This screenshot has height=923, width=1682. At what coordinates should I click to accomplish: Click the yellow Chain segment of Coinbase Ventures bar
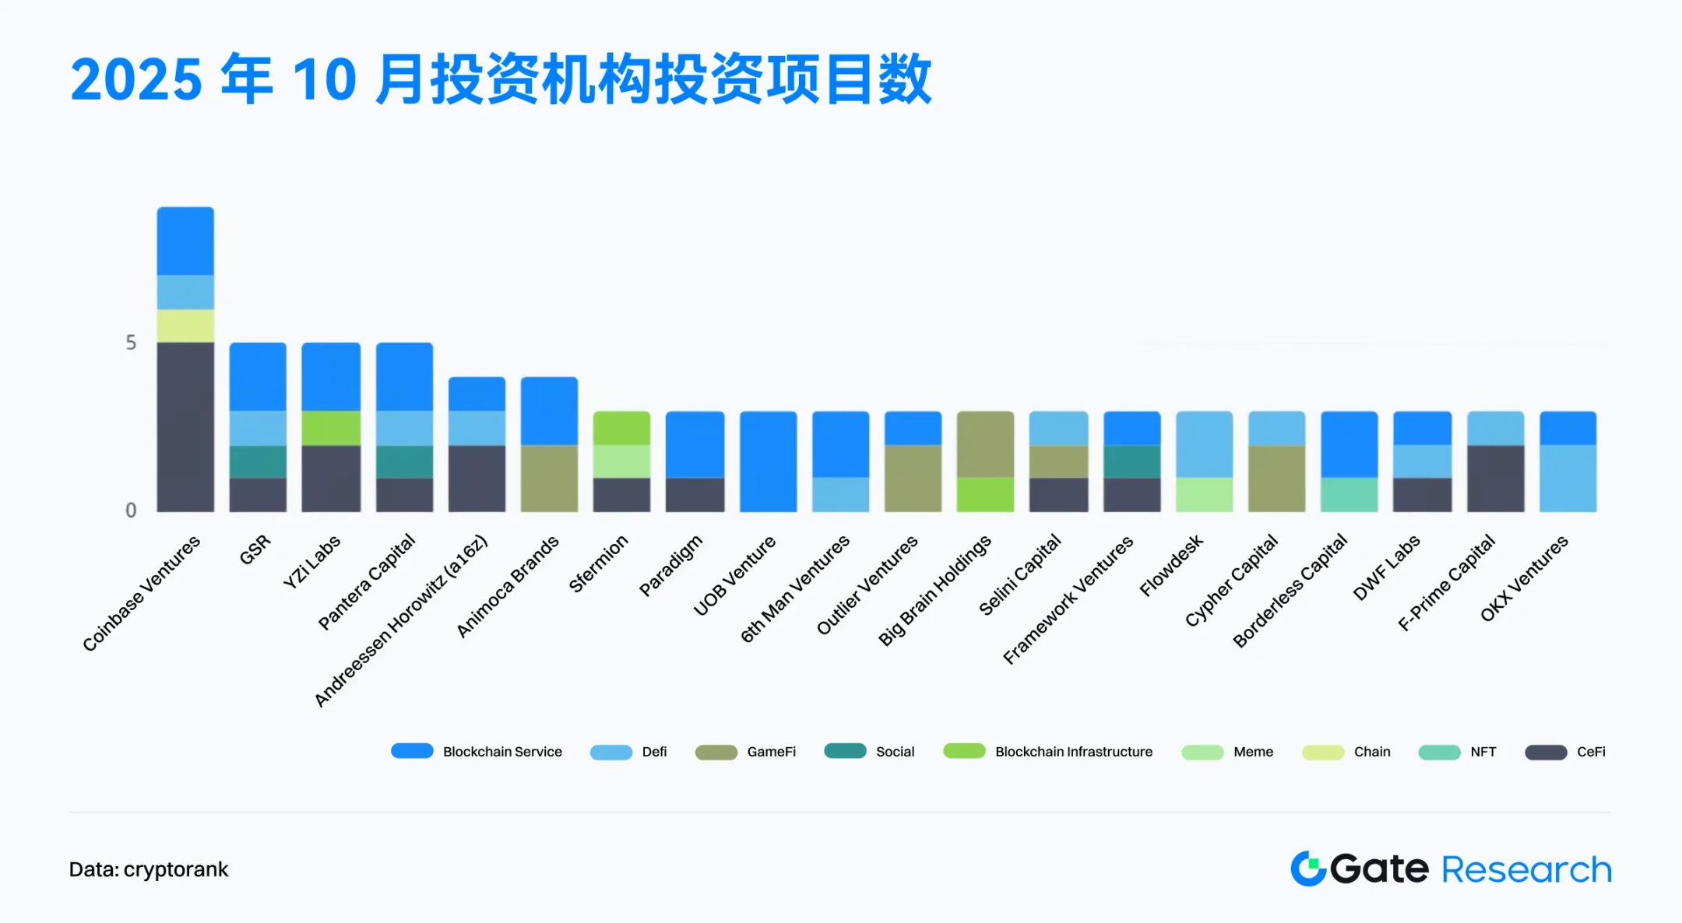(x=185, y=326)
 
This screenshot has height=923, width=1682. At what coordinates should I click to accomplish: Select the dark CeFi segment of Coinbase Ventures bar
(x=185, y=426)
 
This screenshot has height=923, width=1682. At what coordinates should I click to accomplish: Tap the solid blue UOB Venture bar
(x=768, y=461)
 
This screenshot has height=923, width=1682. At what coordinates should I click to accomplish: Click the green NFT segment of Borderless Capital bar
(x=1349, y=495)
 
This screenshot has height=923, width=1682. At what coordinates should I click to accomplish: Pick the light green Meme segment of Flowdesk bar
(x=1204, y=495)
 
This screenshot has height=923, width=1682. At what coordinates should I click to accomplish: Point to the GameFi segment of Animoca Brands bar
(x=549, y=478)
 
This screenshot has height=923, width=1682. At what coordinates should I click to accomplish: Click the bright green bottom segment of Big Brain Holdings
(x=985, y=495)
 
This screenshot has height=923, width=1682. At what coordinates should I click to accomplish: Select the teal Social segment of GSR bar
(x=258, y=461)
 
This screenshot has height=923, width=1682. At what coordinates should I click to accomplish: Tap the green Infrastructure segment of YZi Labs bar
(x=331, y=428)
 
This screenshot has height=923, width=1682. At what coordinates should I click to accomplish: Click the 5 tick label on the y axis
(x=131, y=343)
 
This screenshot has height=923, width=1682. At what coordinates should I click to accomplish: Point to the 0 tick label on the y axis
(x=131, y=511)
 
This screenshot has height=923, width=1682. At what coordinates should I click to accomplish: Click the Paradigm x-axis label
(x=670, y=565)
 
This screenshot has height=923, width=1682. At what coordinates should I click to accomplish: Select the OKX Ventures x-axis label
(x=1524, y=577)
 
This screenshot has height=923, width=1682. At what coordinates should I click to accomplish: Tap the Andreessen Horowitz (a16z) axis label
(x=401, y=619)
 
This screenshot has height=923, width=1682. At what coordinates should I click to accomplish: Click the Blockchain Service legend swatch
(x=412, y=751)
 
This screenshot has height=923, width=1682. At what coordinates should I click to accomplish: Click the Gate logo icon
(x=1308, y=869)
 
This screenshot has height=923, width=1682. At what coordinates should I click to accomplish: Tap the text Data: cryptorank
(x=149, y=869)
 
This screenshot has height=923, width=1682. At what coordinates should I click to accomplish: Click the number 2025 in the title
(x=136, y=80)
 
